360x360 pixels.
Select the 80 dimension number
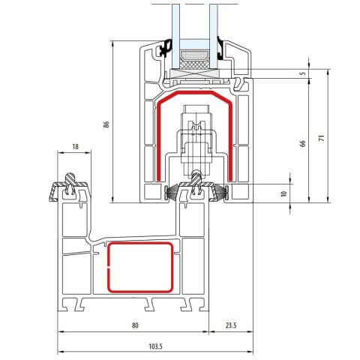point(135,325)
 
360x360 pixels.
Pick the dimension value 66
point(303,142)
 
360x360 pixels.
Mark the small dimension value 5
point(303,73)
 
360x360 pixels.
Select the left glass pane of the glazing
point(174,22)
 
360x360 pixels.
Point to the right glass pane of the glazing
point(215,22)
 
